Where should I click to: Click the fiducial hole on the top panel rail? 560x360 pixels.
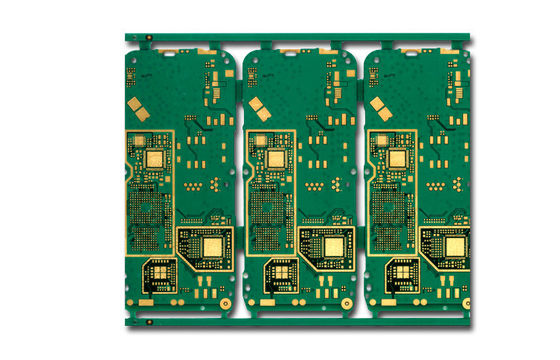tap(148, 38)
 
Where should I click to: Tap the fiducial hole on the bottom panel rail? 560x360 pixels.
tap(148, 322)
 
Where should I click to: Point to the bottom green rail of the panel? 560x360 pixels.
tap(300, 322)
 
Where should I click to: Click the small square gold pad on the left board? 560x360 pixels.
tap(154, 157)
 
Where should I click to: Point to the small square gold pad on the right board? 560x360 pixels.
tap(397, 157)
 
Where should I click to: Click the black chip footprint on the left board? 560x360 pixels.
tap(160, 272)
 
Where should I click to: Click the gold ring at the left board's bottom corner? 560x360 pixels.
tap(226, 302)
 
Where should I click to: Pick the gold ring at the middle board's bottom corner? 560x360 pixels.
tap(347, 302)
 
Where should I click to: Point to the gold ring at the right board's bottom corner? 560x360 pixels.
tap(466, 302)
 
